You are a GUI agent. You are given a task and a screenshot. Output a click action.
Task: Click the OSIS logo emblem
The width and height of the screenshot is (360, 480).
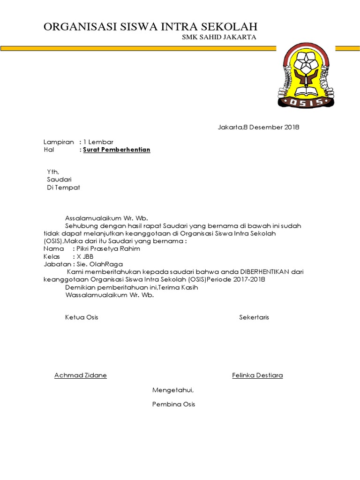306,75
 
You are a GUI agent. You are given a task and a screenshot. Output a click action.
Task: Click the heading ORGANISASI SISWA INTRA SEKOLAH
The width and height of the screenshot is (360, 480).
150,26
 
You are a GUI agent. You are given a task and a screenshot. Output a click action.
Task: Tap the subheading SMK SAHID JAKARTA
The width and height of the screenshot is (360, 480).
219,37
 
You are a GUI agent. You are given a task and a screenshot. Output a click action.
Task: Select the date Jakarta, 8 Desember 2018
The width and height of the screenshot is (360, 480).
258,127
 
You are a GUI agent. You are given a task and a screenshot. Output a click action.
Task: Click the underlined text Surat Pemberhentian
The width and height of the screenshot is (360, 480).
117,150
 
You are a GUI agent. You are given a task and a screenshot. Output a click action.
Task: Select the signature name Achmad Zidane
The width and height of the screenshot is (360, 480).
81,375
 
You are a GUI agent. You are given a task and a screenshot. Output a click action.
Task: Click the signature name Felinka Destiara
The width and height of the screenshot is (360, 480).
257,375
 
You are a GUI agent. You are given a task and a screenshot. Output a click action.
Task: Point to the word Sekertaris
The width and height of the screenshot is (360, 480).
254,317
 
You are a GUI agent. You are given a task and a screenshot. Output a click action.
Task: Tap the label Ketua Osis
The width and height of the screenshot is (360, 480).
82,317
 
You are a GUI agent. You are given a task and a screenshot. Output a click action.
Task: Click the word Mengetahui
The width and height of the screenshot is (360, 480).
172,390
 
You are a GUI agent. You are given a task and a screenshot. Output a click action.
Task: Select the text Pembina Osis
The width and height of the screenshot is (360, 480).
173,405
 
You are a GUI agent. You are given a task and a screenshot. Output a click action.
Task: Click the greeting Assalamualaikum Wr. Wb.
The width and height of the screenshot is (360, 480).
106,218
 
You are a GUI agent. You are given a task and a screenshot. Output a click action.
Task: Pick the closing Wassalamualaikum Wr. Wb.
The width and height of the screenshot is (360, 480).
110,295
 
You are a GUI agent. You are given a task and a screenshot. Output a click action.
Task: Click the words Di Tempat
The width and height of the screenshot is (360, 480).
64,187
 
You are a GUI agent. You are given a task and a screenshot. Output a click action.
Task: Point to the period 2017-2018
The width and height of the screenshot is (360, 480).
247,279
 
